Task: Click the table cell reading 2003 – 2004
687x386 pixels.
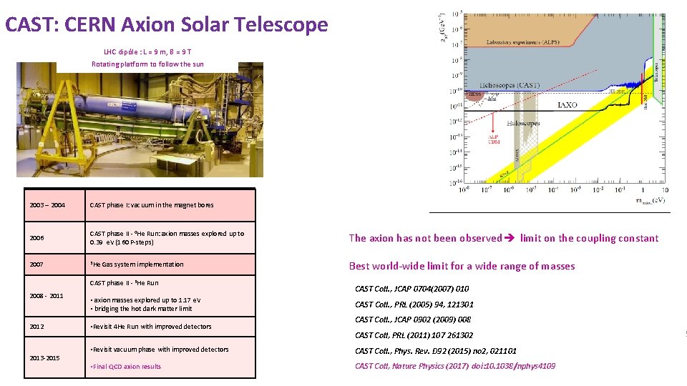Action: click(x=47, y=205)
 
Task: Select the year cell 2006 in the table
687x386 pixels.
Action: click(x=37, y=238)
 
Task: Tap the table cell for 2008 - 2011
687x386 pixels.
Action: click(x=47, y=295)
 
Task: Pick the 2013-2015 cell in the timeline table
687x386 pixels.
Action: click(x=45, y=357)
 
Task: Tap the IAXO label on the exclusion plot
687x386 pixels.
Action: click(x=567, y=105)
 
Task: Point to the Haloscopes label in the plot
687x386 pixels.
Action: click(x=525, y=123)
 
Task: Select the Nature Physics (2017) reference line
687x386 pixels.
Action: click(x=455, y=366)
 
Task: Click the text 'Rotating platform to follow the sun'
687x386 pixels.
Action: click(x=147, y=64)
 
